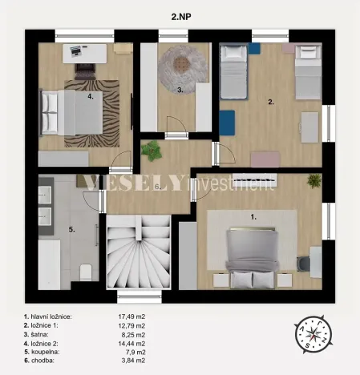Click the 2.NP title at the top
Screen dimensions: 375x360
tap(180, 14)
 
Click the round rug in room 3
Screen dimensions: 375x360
tap(181, 64)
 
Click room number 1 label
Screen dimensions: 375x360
tap(254, 216)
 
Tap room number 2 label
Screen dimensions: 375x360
tap(271, 103)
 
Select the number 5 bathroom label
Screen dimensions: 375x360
tap(71, 230)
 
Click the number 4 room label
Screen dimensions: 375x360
tap(90, 95)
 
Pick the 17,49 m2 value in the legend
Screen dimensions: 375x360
tap(131, 317)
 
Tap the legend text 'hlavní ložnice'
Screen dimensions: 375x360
tap(54, 317)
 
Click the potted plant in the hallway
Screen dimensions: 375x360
tap(151, 150)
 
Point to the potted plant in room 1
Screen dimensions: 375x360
tap(313, 181)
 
